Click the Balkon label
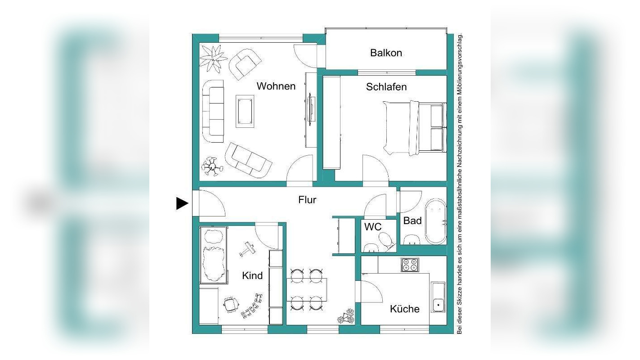pyautogui.click(x=386, y=53)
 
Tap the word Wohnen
pyautogui.click(x=276, y=86)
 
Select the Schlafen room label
pyautogui.click(x=386, y=87)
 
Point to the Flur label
pyautogui.click(x=307, y=200)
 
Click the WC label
pyautogui.click(x=373, y=227)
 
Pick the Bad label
pyautogui.click(x=412, y=221)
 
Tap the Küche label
pyautogui.click(x=405, y=309)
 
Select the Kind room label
pyautogui.click(x=252, y=276)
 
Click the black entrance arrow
pyautogui.click(x=182, y=203)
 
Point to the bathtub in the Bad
pyautogui.click(x=435, y=221)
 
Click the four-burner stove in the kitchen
pyautogui.click(x=410, y=265)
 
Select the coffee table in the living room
pyautogui.click(x=245, y=111)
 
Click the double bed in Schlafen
pyautogui.click(x=414, y=128)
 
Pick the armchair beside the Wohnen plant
pyautogui.click(x=245, y=64)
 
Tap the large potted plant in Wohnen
pyautogui.click(x=213, y=58)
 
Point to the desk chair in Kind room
pyautogui.click(x=231, y=305)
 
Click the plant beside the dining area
pyautogui.click(x=346, y=316)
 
